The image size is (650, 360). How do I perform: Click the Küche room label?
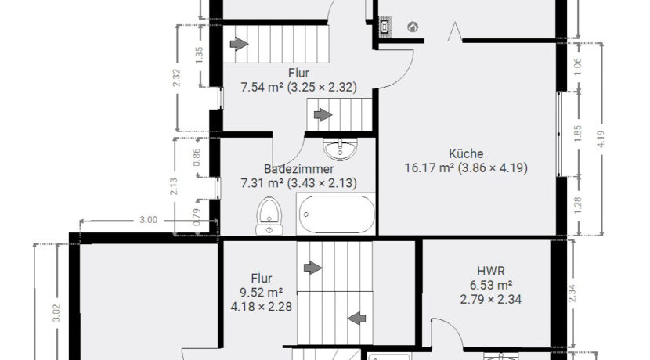(x=466, y=153)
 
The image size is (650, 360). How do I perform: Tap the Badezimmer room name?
(x=298, y=169)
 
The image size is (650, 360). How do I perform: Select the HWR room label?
(x=491, y=272)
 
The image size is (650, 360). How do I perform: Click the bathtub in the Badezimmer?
(x=336, y=214)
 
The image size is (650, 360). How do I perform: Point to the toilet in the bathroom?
(x=269, y=216)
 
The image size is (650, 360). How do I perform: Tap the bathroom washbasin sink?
(x=340, y=149)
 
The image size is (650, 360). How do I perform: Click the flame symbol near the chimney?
(x=413, y=27)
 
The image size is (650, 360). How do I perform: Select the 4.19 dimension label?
(x=601, y=139)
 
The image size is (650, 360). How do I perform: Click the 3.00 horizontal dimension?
(x=148, y=220)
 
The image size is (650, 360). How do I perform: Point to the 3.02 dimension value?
(x=56, y=313)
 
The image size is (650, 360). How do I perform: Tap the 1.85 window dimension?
(x=578, y=133)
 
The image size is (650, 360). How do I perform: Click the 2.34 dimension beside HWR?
(x=574, y=293)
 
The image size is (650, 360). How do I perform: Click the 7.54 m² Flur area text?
(x=262, y=88)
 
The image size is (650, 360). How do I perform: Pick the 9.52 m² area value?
(x=261, y=293)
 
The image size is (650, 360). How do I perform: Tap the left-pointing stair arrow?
(x=356, y=319)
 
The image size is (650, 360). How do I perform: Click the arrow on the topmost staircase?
(x=239, y=44)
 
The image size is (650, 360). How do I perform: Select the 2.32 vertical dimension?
(x=176, y=78)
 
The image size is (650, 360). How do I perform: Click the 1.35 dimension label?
(x=199, y=55)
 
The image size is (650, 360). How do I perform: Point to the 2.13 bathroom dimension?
(x=174, y=186)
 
